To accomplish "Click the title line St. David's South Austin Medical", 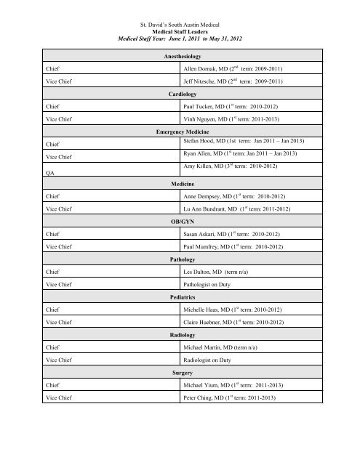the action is click(x=179, y=7).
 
